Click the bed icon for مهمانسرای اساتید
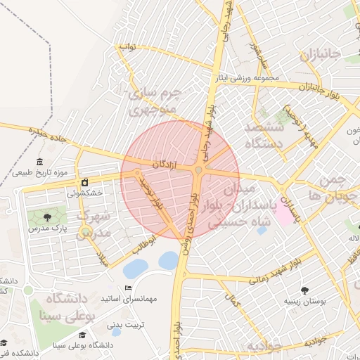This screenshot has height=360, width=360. [127, 288]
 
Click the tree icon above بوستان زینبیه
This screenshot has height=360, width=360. [304, 290]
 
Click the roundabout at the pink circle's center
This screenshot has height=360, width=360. [200, 171]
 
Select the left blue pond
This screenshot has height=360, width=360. [135, 268]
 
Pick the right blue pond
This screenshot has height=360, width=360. [169, 260]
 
